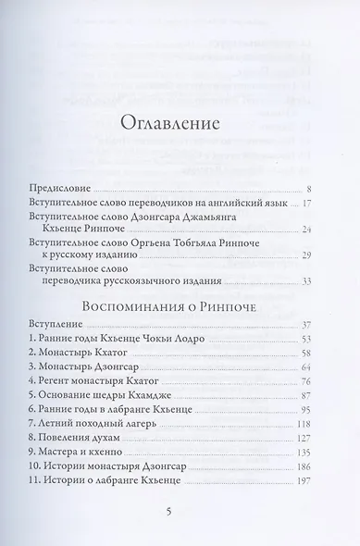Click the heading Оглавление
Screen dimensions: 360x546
pos(180,123)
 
